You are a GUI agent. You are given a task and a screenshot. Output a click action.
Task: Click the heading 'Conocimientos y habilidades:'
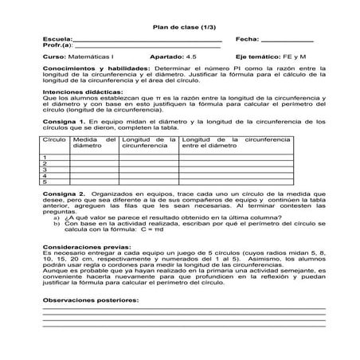coord(82,69)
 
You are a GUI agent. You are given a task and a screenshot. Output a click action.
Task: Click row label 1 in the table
coord(45,158)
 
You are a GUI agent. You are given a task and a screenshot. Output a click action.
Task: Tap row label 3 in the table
coord(45,170)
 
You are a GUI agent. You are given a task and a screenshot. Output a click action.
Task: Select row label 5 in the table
coord(45,182)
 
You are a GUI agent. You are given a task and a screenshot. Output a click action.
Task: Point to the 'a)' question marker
coord(57,218)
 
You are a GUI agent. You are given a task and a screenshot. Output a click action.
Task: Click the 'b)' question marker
coord(57,224)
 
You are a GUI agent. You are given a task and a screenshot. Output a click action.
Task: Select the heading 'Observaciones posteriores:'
coord(89,300)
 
